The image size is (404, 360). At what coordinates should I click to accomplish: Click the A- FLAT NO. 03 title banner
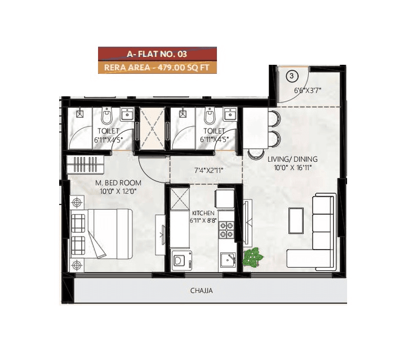[x=157, y=54]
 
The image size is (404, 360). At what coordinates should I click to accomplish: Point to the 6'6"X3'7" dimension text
[x=308, y=89]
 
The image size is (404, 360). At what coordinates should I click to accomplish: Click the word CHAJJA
[x=201, y=291]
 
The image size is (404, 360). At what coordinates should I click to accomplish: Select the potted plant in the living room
[x=254, y=257]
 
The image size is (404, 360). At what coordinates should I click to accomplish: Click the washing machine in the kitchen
[x=180, y=260]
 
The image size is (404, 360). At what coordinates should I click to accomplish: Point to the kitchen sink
[x=227, y=260]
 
